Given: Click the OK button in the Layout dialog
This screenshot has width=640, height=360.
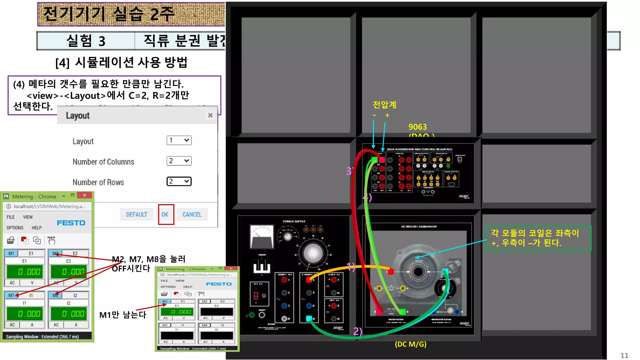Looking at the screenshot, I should pyautogui.click(x=165, y=214).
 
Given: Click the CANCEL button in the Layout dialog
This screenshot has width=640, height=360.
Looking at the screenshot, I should pyautogui.click(x=192, y=214).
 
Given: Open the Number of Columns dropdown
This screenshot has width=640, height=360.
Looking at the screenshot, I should pyautogui.click(x=179, y=161).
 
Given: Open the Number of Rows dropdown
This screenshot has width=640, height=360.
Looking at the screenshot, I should pyautogui.click(x=179, y=182).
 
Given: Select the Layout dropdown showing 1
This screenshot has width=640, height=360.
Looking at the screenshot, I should pyautogui.click(x=179, y=140).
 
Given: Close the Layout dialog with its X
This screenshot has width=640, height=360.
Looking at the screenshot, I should pyautogui.click(x=210, y=115).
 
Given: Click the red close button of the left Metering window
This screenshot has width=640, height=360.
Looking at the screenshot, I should pyautogui.click(x=84, y=195).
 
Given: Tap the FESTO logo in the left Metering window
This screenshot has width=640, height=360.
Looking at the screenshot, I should pyautogui.click(x=71, y=223).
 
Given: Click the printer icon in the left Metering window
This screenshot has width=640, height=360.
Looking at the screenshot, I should pyautogui.click(x=11, y=240).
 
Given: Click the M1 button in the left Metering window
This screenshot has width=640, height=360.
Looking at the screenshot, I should pyautogui.click(x=11, y=253).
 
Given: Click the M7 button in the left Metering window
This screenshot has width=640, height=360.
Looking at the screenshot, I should pyautogui.click(x=11, y=295).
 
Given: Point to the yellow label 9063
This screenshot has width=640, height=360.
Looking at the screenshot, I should pyautogui.click(x=417, y=127).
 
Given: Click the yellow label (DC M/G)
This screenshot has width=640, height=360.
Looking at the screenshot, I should pyautogui.click(x=410, y=344).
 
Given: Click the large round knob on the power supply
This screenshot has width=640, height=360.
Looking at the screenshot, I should pyautogui.click(x=313, y=253).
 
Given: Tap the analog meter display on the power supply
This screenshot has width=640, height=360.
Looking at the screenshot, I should pyautogui.click(x=262, y=237).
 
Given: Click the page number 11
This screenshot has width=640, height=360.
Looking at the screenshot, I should pyautogui.click(x=624, y=355).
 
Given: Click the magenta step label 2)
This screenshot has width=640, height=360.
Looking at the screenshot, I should pyautogui.click(x=357, y=331).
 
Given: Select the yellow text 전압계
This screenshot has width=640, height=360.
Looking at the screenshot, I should pyautogui.click(x=384, y=105).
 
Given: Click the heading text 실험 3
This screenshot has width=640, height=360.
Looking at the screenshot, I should pyautogui.click(x=86, y=41).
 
